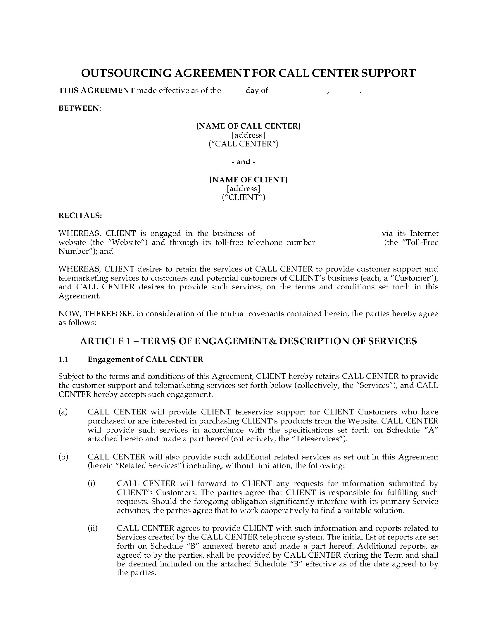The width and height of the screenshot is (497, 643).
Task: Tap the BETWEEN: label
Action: tap(80, 108)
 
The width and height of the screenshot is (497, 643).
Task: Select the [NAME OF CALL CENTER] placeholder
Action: tap(248, 126)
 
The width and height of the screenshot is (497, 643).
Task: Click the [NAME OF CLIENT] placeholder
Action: tap(248, 179)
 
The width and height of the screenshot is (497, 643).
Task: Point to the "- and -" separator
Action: tap(244, 162)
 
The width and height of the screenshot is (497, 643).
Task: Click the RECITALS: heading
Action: tap(80, 215)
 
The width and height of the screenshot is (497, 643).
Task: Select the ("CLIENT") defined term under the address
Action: tap(244, 197)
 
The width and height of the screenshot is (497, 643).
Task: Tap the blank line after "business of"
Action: tap(319, 234)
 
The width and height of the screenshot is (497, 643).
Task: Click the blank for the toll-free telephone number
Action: tap(349, 243)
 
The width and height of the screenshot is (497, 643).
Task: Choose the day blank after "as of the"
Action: tap(233, 91)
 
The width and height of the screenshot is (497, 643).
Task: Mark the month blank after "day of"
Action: tap(298, 91)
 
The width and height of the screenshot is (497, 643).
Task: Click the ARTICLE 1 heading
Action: tap(248, 341)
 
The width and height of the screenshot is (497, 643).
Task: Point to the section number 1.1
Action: tap(63, 359)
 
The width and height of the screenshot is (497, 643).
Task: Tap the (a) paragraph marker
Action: tap(63, 412)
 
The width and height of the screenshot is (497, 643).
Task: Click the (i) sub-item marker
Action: tap(92, 483)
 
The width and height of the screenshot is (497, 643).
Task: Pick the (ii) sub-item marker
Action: tap(92, 528)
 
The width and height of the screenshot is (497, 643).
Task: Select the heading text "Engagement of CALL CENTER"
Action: tap(146, 359)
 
